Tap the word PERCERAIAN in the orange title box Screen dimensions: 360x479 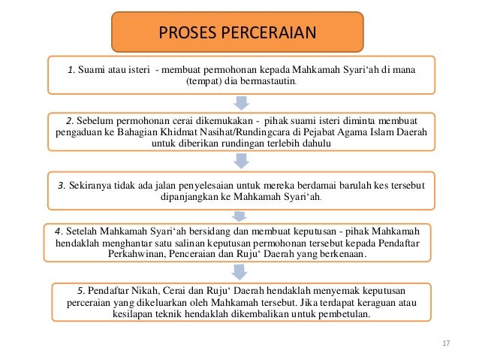coord(265,32)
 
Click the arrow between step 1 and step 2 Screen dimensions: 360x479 coord(239,102)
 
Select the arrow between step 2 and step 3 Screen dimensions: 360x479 coord(239,160)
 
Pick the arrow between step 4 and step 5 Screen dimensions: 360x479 coord(239,273)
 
